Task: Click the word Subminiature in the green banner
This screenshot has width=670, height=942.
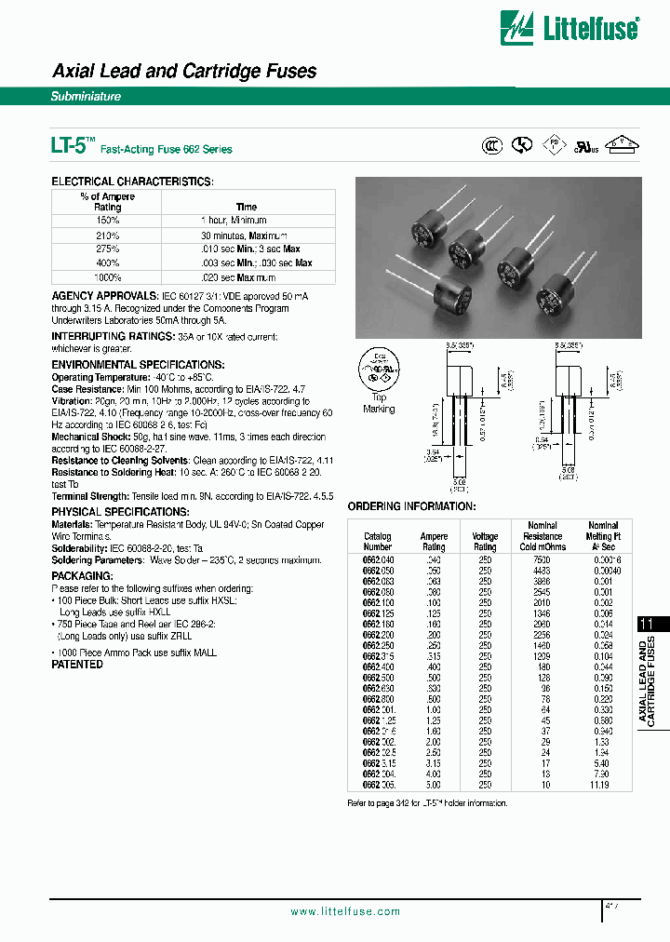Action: [86, 96]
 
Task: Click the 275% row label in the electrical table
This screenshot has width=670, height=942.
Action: [108, 249]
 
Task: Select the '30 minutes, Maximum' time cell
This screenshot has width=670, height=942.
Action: [245, 235]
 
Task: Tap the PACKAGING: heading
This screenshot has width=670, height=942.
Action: [82, 576]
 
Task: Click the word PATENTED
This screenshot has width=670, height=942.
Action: [76, 665]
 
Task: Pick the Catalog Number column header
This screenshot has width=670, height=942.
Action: [377, 542]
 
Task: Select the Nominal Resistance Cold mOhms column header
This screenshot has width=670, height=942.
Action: [542, 536]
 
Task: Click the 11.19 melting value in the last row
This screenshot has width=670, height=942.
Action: [601, 786]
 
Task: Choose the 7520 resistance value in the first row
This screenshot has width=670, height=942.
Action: [542, 558]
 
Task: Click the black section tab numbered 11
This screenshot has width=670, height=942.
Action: [650, 625]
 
